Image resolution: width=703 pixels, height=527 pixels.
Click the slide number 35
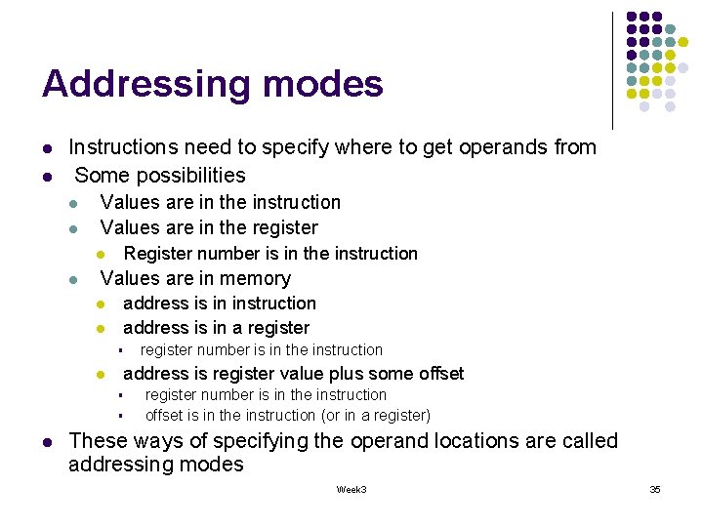[x=655, y=489]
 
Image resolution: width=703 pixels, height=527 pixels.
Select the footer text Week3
[x=351, y=489]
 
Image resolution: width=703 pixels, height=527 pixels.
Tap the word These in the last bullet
[x=100, y=441]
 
